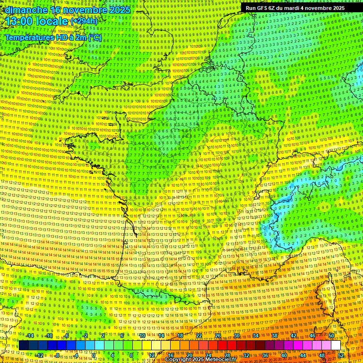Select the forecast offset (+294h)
(84, 21)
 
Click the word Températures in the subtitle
(29, 37)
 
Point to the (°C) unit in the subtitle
(95, 37)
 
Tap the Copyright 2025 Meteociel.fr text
(200, 360)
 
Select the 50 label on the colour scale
(331, 336)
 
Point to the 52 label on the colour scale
(341, 355)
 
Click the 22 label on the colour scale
(199, 336)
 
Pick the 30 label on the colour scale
(237, 336)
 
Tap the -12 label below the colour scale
(39, 355)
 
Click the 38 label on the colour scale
(275, 336)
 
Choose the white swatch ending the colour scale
(336, 346)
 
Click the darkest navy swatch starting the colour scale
(24, 346)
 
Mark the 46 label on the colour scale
(312, 336)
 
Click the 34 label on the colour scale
(256, 336)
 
